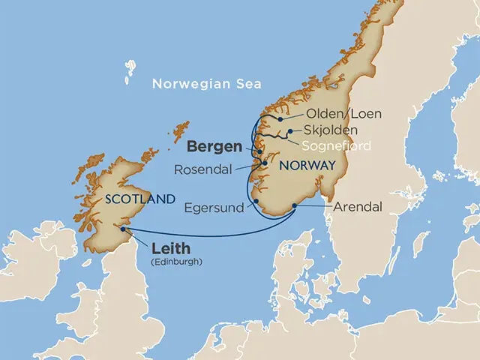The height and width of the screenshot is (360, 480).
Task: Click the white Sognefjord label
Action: [x=337, y=145]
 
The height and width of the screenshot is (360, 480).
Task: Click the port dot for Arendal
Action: [x=294, y=205]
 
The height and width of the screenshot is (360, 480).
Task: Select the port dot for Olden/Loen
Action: [x=280, y=118]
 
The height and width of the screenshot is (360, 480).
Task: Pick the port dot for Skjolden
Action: [x=289, y=130]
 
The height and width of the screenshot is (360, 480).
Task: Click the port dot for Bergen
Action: [x=259, y=152]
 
